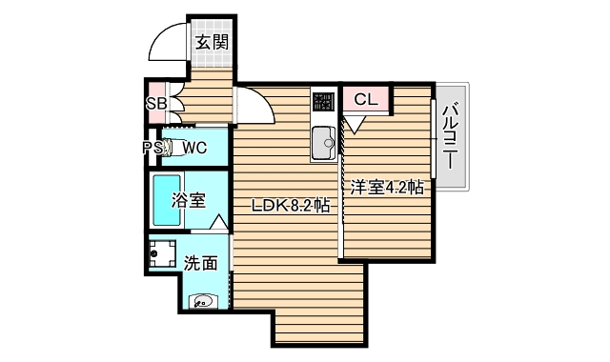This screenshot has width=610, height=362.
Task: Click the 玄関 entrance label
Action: [x=212, y=42]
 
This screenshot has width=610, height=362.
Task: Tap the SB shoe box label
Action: [x=155, y=103]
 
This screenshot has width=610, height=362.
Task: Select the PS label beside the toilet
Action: [x=152, y=148]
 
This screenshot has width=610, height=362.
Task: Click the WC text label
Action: [x=194, y=148]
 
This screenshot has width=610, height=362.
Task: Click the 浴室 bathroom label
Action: [x=189, y=200]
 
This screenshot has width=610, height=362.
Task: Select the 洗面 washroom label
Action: [x=200, y=263]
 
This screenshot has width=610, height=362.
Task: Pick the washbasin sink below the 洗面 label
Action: [x=203, y=302]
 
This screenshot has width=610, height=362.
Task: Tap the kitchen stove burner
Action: [x=322, y=100]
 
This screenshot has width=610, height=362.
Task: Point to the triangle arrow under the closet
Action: [x=354, y=123]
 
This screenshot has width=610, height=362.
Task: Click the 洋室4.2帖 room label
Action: [x=385, y=188]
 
